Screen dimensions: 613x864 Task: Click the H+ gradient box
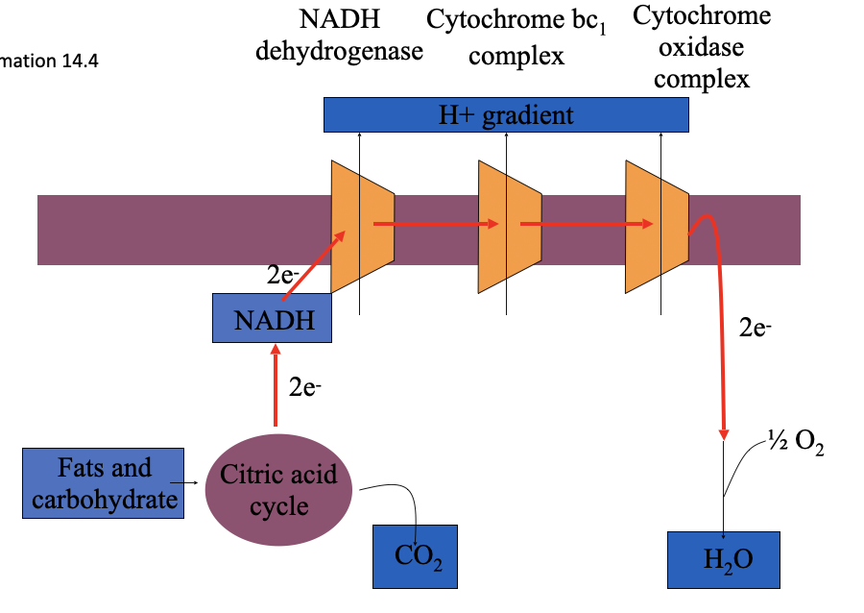(x=506, y=115)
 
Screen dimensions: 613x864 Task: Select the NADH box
(x=273, y=319)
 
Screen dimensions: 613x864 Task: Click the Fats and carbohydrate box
(x=104, y=483)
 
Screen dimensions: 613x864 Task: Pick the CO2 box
(x=416, y=556)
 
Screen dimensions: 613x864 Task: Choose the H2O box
(x=724, y=559)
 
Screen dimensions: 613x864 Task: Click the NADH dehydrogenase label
(x=339, y=36)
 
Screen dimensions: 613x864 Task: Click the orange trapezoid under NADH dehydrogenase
(x=362, y=227)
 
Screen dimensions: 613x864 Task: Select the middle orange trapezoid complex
(x=510, y=227)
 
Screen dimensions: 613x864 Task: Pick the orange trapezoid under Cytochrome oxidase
(x=657, y=227)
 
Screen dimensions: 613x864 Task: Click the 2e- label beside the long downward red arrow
(x=756, y=328)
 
